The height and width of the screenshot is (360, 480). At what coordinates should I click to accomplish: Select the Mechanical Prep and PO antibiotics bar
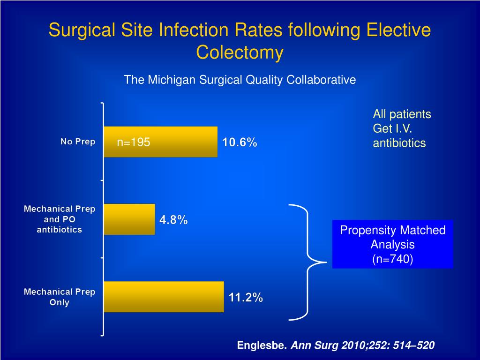pos(129,219)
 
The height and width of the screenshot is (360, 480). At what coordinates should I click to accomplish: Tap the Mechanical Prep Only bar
pos(164,297)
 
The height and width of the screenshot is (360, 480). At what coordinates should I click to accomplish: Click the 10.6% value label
pos(240,142)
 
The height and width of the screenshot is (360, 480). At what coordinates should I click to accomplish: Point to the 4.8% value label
pos(173,220)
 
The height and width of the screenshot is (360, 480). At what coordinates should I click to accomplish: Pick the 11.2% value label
pos(246,297)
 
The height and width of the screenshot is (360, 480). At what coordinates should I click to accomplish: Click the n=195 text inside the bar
pos(134,142)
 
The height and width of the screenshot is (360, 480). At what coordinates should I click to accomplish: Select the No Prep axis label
pos(78,142)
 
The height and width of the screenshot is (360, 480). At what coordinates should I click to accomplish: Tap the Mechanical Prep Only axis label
pos(60,297)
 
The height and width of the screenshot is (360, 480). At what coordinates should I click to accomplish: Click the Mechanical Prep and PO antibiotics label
pos(60,219)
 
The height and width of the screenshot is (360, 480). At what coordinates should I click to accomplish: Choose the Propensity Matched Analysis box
pos(393,244)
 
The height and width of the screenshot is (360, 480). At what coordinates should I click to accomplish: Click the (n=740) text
pos(393,259)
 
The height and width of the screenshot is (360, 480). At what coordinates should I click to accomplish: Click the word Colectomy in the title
pos(240,52)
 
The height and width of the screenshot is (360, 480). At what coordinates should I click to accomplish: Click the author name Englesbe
pos(262,345)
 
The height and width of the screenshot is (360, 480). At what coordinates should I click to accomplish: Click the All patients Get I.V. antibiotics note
pos(402,128)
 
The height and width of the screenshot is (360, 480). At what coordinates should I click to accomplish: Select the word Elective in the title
pos(398,30)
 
